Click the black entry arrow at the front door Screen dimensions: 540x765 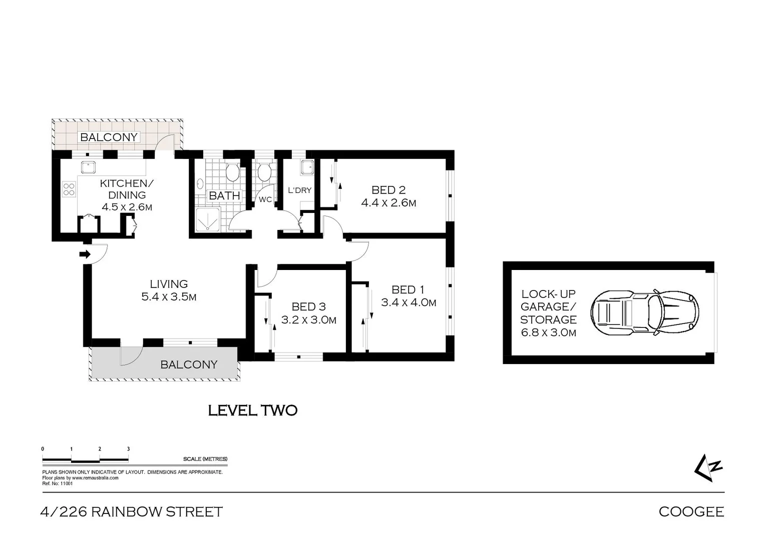pos(85,254)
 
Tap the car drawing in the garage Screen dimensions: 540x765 pos(644,312)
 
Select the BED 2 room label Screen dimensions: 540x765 pos(388,190)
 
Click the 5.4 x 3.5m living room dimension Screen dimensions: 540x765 pos(169,297)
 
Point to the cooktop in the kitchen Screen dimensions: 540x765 pos(69,189)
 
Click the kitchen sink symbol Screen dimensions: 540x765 pos(88,167)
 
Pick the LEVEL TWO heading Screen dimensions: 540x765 pos(253,411)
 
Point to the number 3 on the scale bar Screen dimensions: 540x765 pos(128,449)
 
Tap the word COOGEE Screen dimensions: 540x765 pos(691,512)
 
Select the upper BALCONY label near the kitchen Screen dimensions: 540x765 pos(109,137)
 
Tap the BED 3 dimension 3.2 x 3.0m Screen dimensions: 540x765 pos(308,320)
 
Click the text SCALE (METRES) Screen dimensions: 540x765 pos(205,459)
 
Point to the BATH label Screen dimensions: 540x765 pos(224,195)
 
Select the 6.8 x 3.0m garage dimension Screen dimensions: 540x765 pos(548,332)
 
